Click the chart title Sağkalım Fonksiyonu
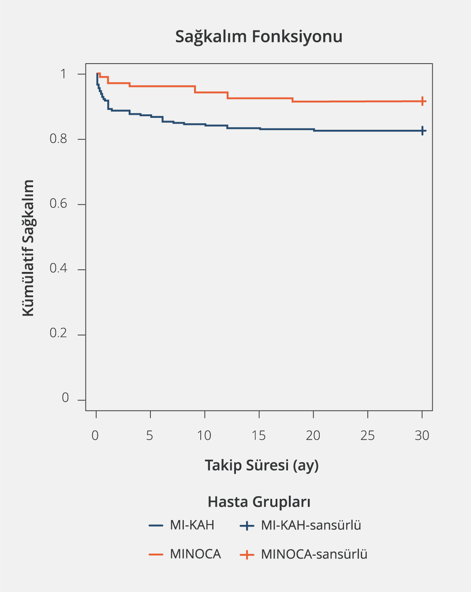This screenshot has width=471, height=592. (259, 37)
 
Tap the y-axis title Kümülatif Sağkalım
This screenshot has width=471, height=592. (28, 248)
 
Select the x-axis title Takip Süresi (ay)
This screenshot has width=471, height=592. (262, 465)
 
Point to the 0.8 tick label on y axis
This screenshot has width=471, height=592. (58, 139)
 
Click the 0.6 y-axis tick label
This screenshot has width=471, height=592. (58, 204)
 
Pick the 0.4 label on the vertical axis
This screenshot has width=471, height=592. (58, 268)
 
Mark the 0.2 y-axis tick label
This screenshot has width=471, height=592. (58, 333)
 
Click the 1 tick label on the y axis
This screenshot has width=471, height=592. (64, 74)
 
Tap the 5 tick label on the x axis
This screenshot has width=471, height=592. (150, 436)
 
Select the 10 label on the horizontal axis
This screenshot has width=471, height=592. (204, 436)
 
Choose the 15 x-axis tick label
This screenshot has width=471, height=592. (259, 436)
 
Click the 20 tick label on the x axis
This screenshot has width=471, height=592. (313, 436)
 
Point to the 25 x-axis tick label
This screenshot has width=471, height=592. (367, 436)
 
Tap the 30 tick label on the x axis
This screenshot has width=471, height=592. (422, 436)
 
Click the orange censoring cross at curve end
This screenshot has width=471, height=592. (422, 101)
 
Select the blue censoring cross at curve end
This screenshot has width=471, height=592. (422, 131)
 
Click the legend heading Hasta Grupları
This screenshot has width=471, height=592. (259, 502)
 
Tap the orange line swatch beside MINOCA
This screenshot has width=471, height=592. (156, 554)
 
